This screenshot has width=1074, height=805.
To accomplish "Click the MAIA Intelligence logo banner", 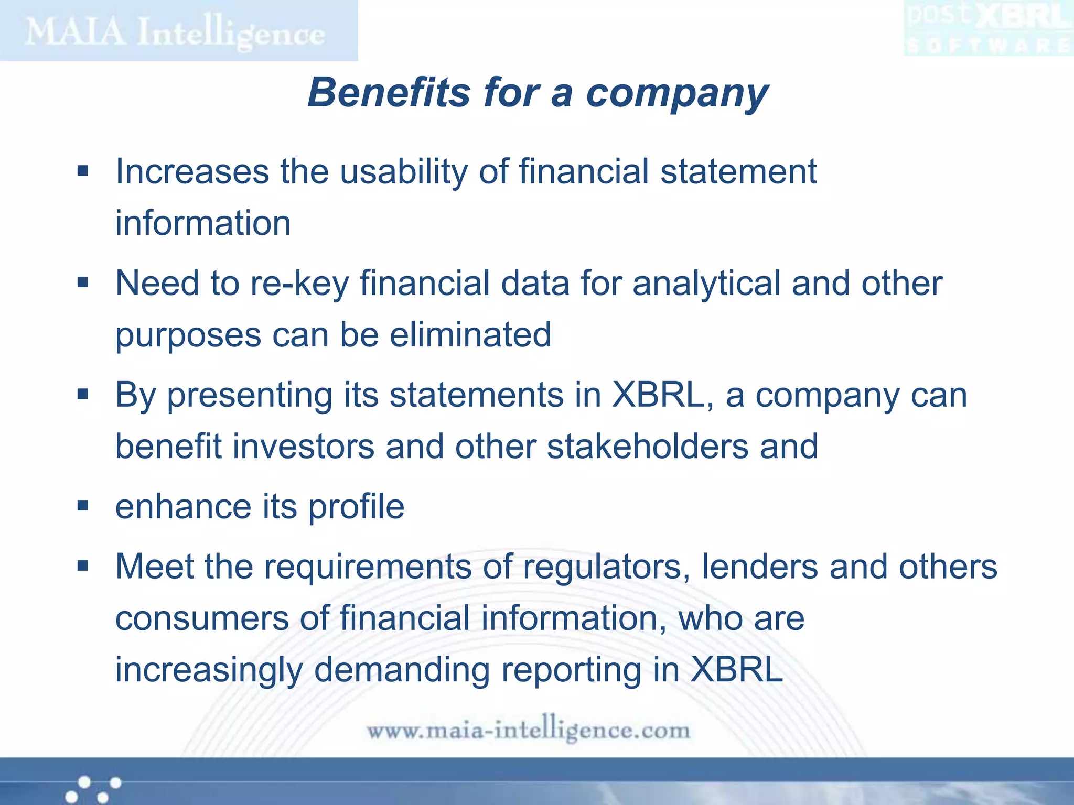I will point(178,30).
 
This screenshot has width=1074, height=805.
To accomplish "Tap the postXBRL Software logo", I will point(988,28).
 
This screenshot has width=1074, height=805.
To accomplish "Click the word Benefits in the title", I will point(389,93).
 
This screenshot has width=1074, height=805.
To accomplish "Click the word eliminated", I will point(470,335).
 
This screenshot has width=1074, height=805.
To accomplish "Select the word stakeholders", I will point(648,447).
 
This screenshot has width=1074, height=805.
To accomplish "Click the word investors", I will point(304,447).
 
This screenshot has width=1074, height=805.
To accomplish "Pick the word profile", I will point(356,507).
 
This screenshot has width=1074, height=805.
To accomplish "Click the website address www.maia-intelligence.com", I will point(528,730).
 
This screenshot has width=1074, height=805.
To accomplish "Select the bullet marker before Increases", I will point(83,171).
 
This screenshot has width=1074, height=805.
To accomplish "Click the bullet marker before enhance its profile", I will point(83,506).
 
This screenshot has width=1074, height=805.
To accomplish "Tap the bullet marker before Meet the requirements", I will point(83,566).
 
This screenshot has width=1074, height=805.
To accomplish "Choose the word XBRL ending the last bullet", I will point(737,670).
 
